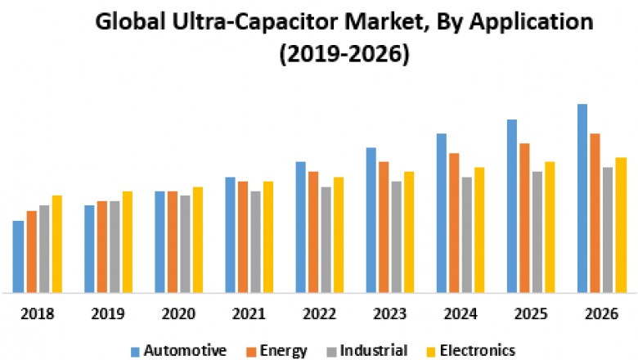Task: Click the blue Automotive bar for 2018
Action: pos(18,256)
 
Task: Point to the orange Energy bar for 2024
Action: pos(454,223)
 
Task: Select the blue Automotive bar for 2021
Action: pos(230,235)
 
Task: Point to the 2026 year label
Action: pos(600,314)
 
